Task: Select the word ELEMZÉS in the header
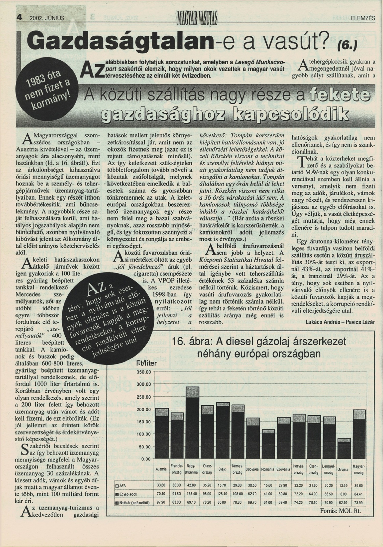pos(363,18)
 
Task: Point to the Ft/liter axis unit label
pos(147,363)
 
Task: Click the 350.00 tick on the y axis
pos(145,372)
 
